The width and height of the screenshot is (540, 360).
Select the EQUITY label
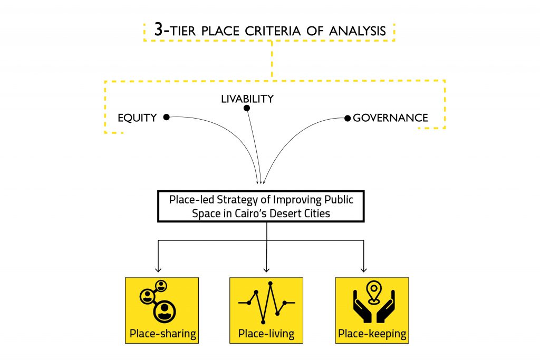click(137, 118)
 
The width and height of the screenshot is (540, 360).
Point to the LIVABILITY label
click(247, 99)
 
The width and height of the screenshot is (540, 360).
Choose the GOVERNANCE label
click(390, 118)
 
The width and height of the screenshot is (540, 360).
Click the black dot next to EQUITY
click(166, 117)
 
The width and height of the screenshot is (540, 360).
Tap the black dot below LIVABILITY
click(246, 108)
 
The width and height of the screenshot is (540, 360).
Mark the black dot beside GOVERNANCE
click(347, 118)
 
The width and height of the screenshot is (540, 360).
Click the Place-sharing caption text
click(162, 333)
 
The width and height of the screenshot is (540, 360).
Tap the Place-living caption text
click(266, 333)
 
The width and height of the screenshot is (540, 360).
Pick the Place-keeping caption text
click(372, 333)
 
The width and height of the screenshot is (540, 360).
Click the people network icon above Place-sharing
click(158, 300)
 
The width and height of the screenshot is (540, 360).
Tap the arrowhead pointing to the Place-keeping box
click(363, 270)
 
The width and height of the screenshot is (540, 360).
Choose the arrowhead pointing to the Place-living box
click(267, 270)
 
